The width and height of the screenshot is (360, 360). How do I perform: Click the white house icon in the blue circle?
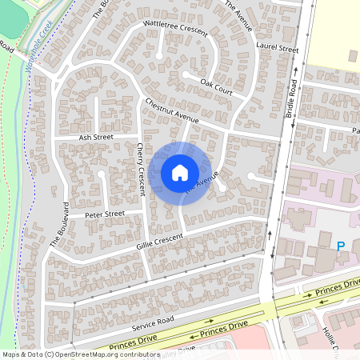[x=180, y=173]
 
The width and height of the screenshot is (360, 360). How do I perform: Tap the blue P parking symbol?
[x=341, y=246]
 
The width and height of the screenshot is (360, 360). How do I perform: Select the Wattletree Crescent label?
[x=174, y=30]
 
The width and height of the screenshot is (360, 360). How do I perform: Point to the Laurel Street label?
[x=278, y=49]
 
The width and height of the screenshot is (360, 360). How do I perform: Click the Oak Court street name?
[x=216, y=86]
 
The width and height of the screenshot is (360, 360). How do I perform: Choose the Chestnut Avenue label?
[x=172, y=111]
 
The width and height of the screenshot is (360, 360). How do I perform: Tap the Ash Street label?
[x=96, y=138]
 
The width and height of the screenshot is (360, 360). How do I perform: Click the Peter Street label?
[x=106, y=214]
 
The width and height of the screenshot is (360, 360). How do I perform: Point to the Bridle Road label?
[x=290, y=99]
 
